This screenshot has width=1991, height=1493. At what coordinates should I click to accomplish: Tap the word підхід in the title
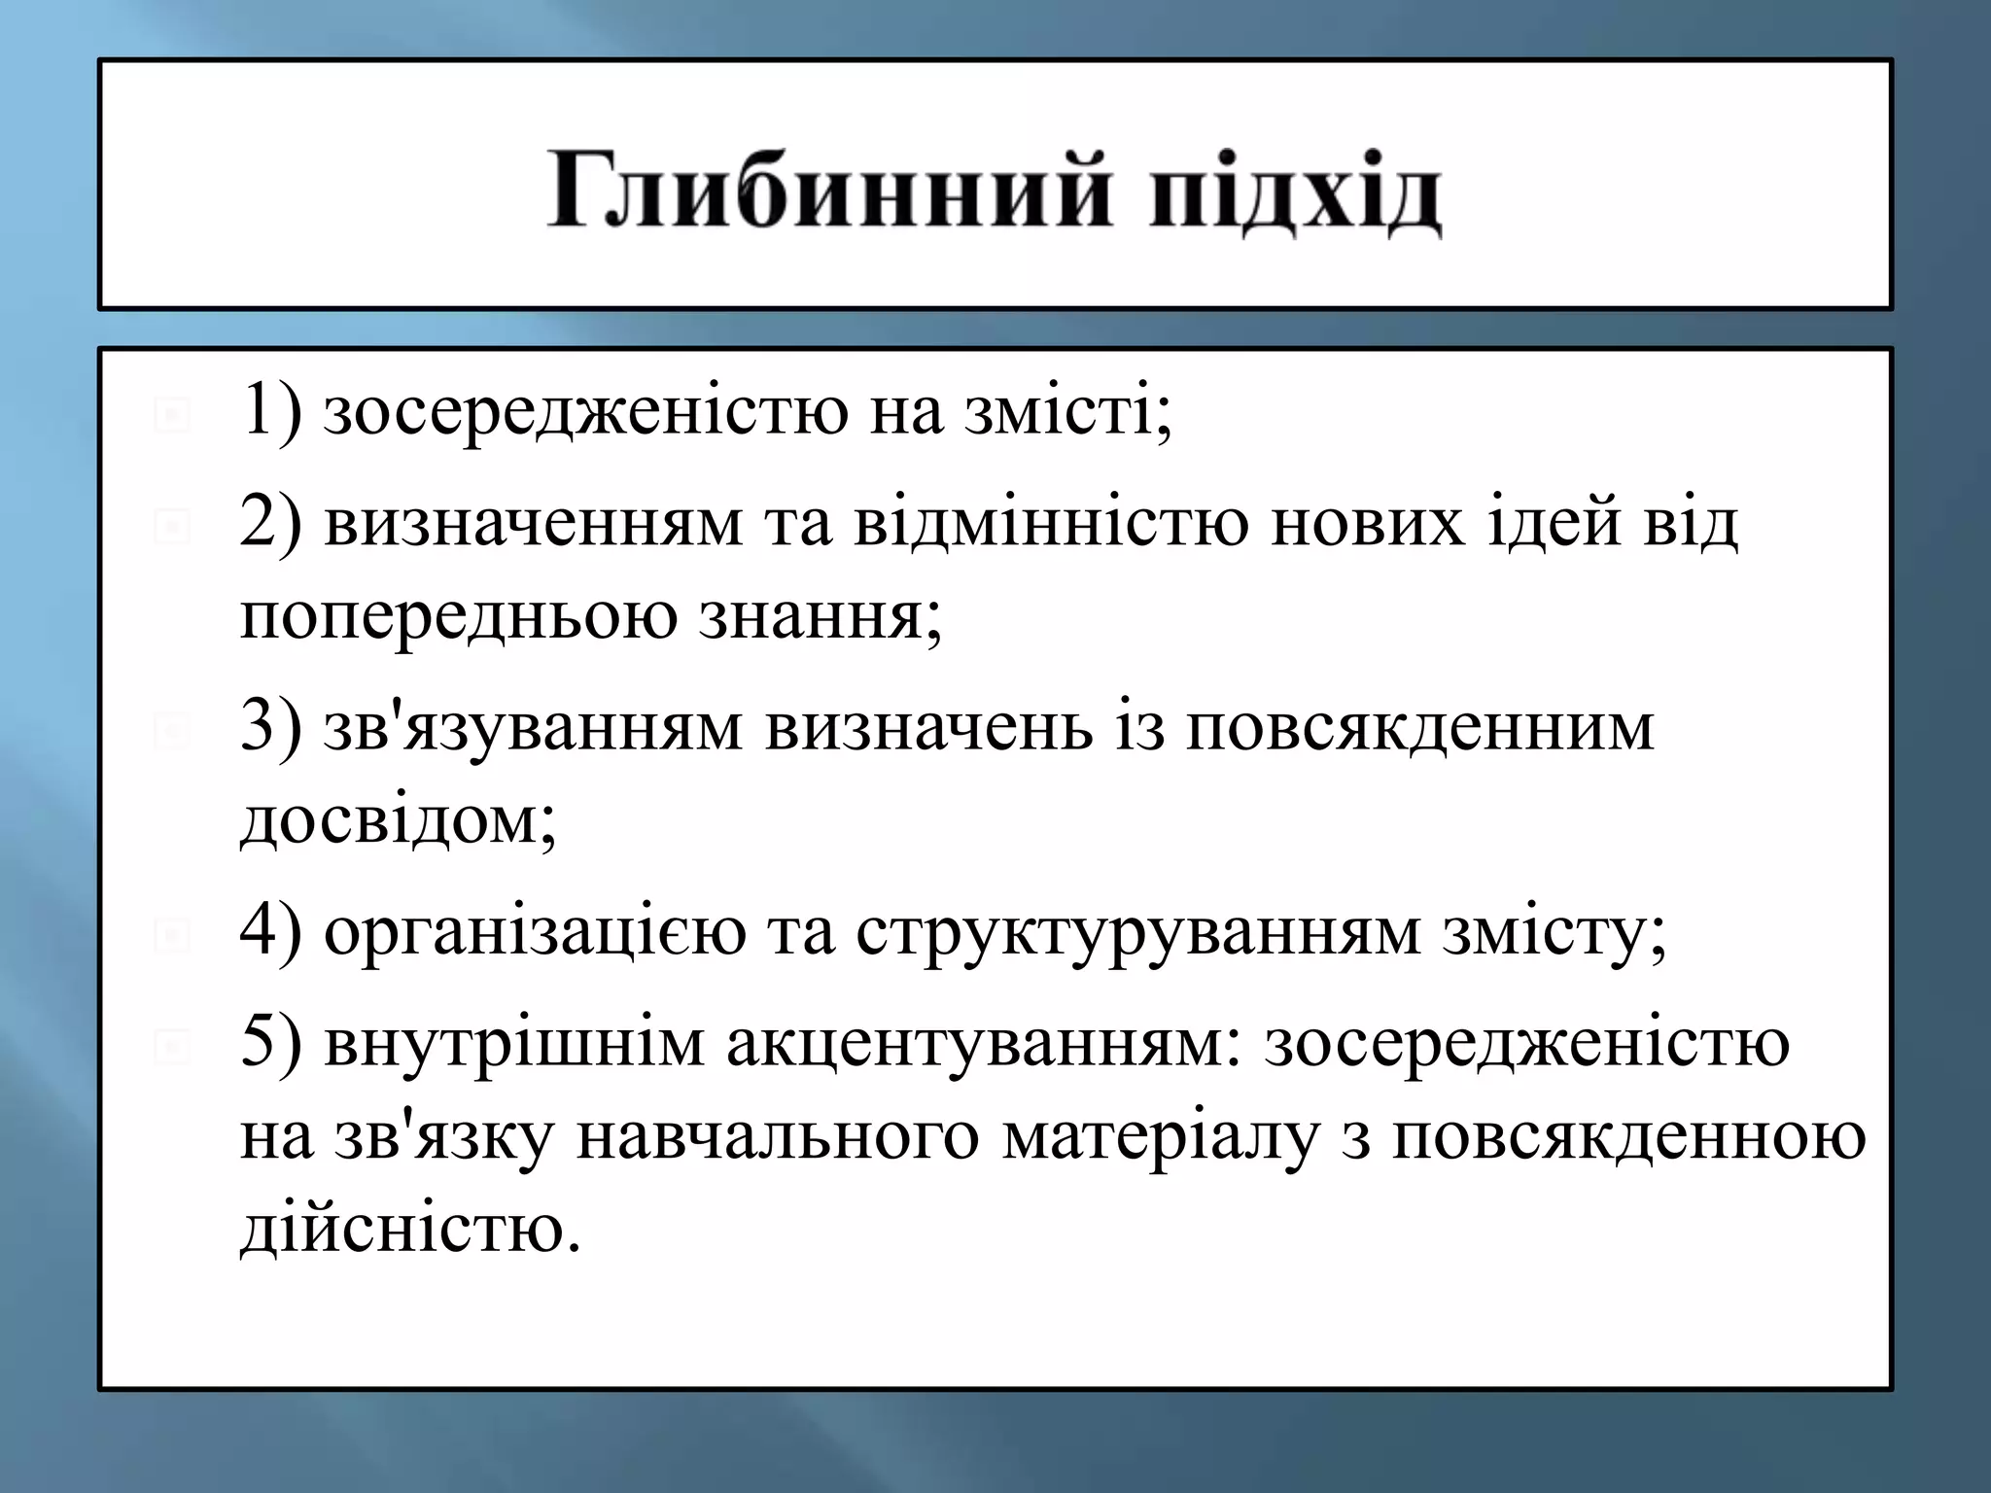[1294, 192]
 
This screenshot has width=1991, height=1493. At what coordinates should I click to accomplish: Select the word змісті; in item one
[1068, 410]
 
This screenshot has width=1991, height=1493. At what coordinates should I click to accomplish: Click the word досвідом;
[398, 820]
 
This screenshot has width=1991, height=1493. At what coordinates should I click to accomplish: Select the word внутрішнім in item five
[514, 1043]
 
